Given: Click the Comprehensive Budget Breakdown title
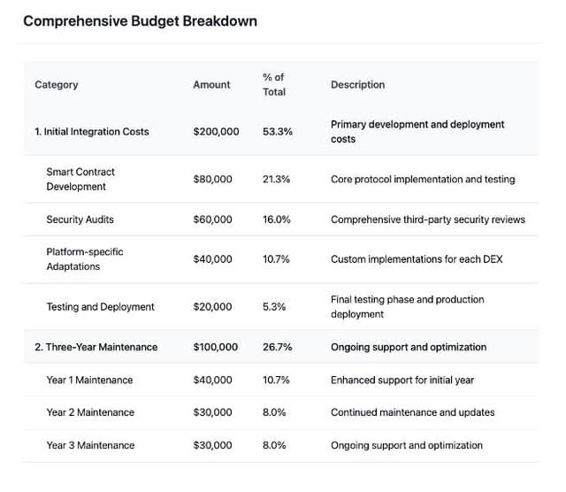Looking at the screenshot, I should (x=140, y=20).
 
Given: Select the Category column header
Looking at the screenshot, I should (x=57, y=85).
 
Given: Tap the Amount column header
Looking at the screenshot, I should (x=211, y=85).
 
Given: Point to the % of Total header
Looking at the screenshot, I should (x=274, y=85).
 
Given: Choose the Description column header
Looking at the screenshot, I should (x=357, y=85).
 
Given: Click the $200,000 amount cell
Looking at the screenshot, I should (x=216, y=132).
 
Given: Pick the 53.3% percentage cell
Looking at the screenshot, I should (x=278, y=132).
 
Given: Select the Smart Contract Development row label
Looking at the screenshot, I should (x=80, y=179).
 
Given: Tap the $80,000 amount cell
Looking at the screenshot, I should (x=212, y=179).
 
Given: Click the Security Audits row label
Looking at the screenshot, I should (x=80, y=219).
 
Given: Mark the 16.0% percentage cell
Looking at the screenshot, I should (x=277, y=219).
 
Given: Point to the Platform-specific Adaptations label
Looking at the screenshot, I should (x=85, y=259).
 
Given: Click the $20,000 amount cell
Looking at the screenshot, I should (x=212, y=307).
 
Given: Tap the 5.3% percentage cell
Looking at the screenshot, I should (x=274, y=307).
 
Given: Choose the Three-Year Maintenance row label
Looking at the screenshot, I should (x=96, y=347).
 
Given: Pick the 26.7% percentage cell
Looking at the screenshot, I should (x=278, y=347).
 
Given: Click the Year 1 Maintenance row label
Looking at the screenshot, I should (x=89, y=380).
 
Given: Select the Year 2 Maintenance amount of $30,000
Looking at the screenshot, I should (x=212, y=412).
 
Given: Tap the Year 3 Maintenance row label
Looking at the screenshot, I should (x=90, y=445).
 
